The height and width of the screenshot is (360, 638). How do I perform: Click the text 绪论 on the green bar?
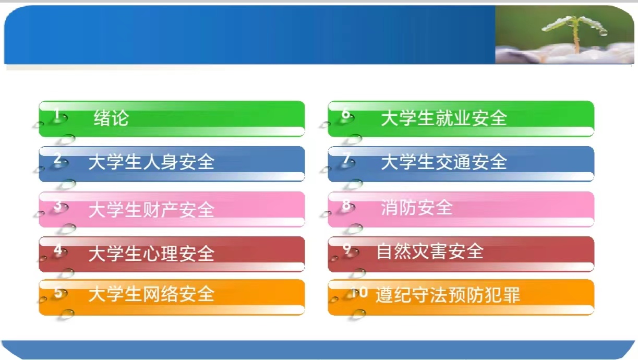point(111,118)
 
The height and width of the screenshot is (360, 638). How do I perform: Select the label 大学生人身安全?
point(151,162)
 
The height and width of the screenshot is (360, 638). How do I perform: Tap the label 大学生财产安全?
point(151,209)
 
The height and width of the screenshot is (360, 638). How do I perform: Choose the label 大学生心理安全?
point(151,253)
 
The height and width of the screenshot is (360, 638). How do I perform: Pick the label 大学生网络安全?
point(151,294)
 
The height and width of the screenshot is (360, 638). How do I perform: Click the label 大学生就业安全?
point(444,118)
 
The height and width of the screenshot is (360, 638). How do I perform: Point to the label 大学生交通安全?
point(444,162)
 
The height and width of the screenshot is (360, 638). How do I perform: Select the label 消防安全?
point(417,207)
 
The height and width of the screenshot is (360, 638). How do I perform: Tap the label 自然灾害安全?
point(430,251)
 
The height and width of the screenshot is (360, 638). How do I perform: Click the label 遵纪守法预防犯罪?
point(448,295)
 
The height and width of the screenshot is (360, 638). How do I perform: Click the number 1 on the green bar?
point(57,113)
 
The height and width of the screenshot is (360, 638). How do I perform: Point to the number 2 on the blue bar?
point(58,158)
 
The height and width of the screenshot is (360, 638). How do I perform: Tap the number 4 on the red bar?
point(58,250)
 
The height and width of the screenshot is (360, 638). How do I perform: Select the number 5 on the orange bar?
point(58,293)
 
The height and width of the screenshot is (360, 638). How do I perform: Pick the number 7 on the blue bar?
point(346,158)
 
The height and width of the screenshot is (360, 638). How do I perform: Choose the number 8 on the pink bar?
point(346,204)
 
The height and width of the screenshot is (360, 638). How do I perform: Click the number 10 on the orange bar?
point(359,292)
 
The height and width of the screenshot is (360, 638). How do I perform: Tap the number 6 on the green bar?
point(346,114)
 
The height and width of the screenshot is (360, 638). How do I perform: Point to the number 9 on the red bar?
point(347,248)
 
